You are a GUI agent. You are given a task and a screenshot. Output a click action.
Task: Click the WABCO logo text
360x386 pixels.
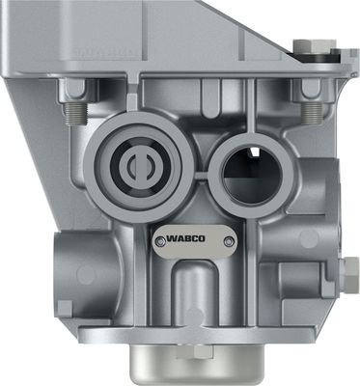(185, 238)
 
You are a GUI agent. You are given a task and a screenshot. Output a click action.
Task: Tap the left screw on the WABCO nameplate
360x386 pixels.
(160, 241)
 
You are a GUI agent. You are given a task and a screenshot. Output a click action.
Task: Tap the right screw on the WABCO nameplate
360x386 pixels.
(229, 241)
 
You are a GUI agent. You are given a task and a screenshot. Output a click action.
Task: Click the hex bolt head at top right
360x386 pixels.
(315, 45)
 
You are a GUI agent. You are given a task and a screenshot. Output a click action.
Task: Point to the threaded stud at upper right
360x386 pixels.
(312, 113)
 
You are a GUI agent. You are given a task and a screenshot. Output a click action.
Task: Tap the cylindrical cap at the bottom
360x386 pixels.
(197, 364)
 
